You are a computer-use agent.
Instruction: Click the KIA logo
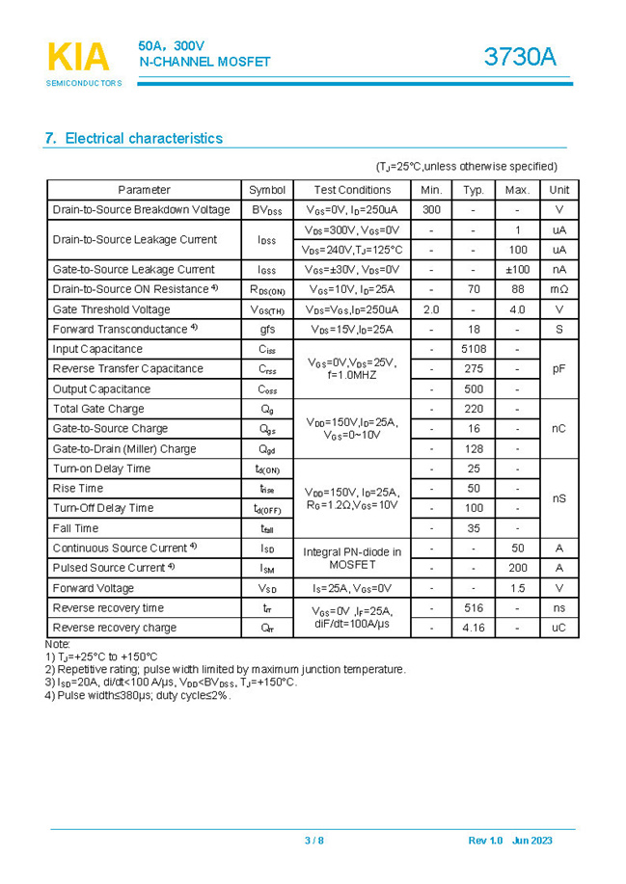(78, 60)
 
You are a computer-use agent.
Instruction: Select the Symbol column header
(267, 190)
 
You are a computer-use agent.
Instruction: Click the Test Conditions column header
(352, 190)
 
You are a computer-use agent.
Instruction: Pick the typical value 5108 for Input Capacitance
(473, 349)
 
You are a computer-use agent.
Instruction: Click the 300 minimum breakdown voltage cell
(431, 210)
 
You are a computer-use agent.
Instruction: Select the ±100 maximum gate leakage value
(517, 270)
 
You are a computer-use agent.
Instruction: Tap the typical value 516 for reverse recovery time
(473, 608)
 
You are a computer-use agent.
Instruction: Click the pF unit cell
(558, 369)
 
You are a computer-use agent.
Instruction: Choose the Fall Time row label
(75, 528)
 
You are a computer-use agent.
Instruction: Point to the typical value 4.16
(473, 628)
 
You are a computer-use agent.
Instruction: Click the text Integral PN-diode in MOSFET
(352, 558)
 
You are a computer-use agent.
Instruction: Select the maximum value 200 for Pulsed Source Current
(517, 568)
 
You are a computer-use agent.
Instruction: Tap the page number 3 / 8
(314, 841)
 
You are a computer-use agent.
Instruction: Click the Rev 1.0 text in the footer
(485, 841)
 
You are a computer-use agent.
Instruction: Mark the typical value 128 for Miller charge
(473, 449)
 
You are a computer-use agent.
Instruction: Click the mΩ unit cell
(558, 289)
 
